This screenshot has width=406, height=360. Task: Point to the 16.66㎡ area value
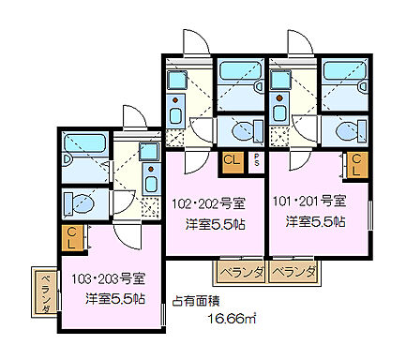coord(229,319)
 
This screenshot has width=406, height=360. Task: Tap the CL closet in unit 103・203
coord(71,238)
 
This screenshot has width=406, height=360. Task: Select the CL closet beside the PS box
coord(232,161)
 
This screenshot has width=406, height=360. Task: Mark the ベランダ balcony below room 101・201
coord(294,273)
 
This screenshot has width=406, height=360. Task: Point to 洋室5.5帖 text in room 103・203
coord(114,299)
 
